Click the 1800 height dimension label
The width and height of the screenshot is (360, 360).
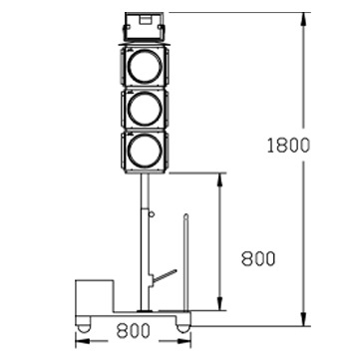pos(288,146)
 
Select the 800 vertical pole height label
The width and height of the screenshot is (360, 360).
pos(258,258)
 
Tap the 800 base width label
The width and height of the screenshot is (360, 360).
pos(133,331)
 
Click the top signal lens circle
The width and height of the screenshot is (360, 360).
pos(145,66)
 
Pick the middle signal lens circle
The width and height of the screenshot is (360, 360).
pos(145,109)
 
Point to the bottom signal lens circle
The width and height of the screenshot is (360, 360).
pos(145,151)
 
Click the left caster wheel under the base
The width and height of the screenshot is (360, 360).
pos(84,327)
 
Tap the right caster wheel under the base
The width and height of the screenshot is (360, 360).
pos(182,327)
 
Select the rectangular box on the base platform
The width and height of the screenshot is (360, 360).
pos(95,297)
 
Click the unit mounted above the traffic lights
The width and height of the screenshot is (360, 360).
pos(145,27)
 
